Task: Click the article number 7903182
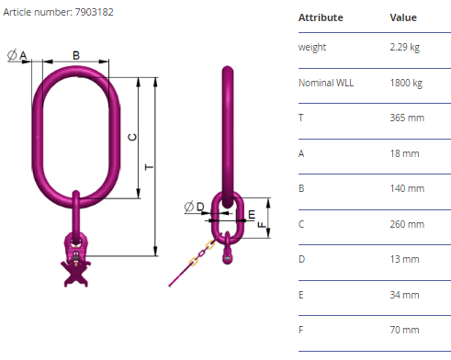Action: [x=95, y=12]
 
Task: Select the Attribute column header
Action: [x=321, y=17]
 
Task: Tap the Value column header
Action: [x=403, y=17]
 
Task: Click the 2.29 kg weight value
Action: [x=404, y=48]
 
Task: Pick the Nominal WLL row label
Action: [x=326, y=83]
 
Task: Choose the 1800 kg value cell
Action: [x=406, y=83]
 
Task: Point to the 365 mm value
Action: [x=407, y=118]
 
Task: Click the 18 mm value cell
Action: [x=404, y=153]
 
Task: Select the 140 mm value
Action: [x=407, y=188]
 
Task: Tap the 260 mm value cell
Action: [x=407, y=224]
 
